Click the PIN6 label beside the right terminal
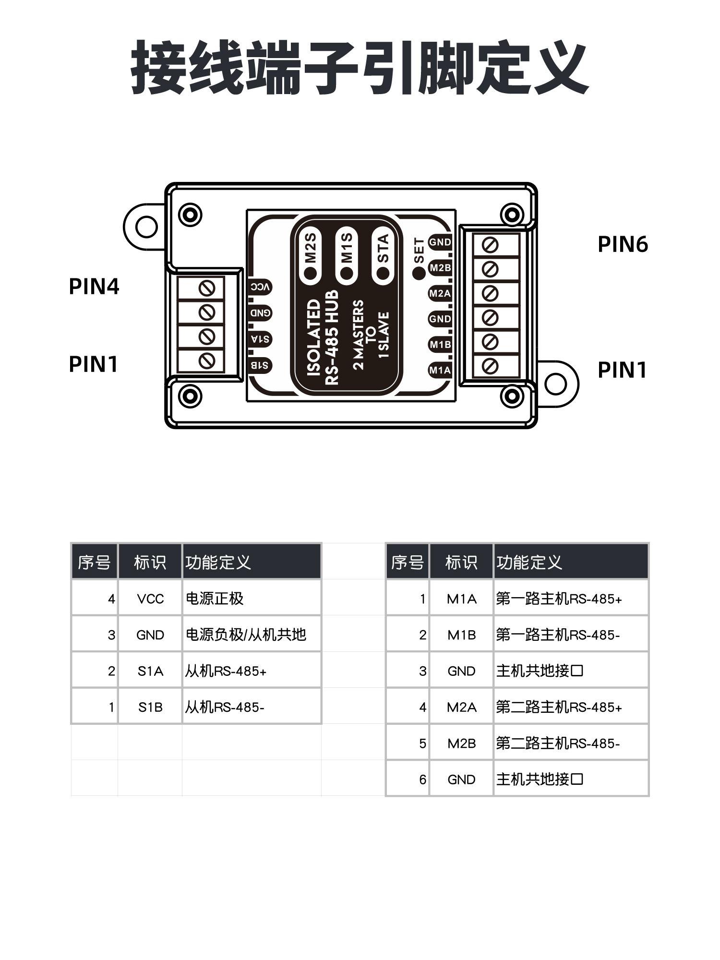coord(623,244)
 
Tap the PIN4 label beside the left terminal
coord(94,287)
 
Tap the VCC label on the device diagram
coord(261,287)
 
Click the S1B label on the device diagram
coord(260,365)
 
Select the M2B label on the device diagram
coord(440,268)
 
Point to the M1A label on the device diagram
coord(440,370)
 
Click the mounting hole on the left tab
coord(146,227)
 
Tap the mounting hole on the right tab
coord(556,384)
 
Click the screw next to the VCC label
coord(207,288)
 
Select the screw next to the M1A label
coord(490,366)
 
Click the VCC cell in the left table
coord(150,599)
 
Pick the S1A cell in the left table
coord(150,671)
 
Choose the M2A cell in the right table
coord(461,707)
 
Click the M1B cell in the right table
coord(461,635)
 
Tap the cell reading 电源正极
coord(215,599)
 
